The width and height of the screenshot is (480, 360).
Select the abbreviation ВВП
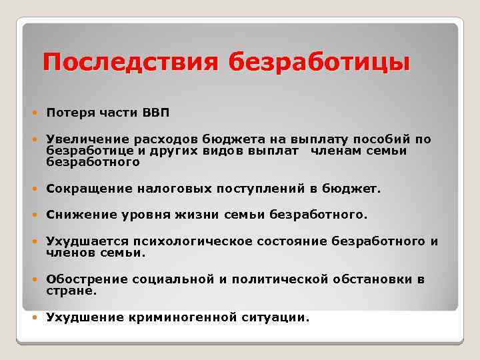pos(156,113)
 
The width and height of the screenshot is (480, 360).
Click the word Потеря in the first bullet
pos(67,113)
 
